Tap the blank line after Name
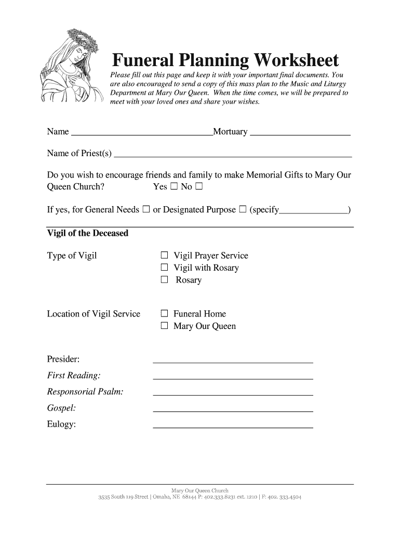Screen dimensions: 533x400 point(141,133)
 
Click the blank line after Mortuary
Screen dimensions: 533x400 point(300,133)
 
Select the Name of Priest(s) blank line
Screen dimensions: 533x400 point(233,155)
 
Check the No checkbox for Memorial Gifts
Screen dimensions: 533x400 point(198,186)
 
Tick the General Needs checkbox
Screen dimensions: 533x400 point(146,210)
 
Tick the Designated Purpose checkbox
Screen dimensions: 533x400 point(243,210)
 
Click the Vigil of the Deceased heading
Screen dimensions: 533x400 point(87,233)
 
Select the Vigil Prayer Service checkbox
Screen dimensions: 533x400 point(164,256)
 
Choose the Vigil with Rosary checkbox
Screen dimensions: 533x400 point(164,268)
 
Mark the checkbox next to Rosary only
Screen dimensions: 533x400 point(164,280)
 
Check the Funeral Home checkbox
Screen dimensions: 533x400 point(164,314)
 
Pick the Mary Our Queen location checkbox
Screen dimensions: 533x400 point(164,326)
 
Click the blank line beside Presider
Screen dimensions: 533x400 point(233,361)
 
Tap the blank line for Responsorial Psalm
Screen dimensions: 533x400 point(233,395)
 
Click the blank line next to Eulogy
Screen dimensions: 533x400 point(233,427)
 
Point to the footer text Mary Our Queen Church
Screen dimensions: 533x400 point(200,490)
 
